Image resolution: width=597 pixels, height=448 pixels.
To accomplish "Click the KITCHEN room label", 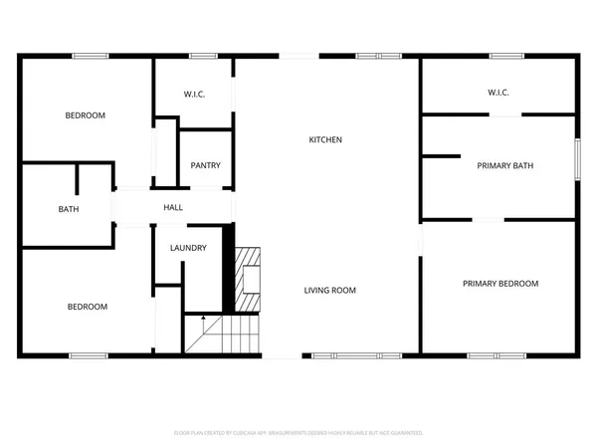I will tap(324, 140).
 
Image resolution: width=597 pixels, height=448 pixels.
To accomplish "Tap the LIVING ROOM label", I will tap(329, 291).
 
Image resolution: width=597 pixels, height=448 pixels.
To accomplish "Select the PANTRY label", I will tap(205, 166).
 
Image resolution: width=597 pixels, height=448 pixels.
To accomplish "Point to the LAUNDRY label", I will tap(188, 248).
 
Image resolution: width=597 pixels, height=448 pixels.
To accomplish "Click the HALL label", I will tap(173, 207).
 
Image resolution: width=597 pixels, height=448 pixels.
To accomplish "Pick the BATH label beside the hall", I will tap(68, 209).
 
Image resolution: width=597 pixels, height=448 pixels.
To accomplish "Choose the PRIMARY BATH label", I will tap(506, 165).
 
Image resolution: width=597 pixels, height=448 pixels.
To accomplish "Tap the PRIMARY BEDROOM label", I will tap(499, 284).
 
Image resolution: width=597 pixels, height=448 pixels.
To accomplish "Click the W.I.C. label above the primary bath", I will tap(498, 94).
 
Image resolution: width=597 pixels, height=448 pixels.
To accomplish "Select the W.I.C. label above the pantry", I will tap(194, 96).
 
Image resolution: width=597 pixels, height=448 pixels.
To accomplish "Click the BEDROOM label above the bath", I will tap(86, 115).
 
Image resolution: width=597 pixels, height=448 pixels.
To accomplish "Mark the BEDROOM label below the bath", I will tap(87, 307).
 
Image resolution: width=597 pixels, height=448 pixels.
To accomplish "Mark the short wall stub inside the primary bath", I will tap(442, 155).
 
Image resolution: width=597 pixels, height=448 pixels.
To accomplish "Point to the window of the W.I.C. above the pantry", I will tap(203, 56).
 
